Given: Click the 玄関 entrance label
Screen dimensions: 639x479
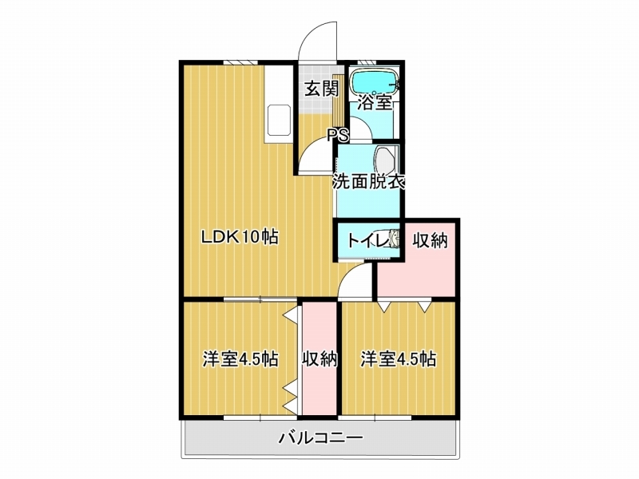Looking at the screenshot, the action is pyautogui.click(x=322, y=89).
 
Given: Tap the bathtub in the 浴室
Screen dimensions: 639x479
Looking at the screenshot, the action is pyautogui.click(x=375, y=83).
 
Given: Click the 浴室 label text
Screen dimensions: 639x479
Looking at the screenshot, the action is pyautogui.click(x=375, y=102).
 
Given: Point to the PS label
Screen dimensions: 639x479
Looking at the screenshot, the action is pyautogui.click(x=339, y=135).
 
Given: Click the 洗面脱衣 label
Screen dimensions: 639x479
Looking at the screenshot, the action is pyautogui.click(x=369, y=182).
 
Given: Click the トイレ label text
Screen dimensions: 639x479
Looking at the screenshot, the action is pyautogui.click(x=367, y=240).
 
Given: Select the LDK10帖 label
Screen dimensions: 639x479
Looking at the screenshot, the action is pyautogui.click(x=240, y=236).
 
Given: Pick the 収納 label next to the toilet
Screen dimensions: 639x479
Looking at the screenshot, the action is pyautogui.click(x=431, y=240).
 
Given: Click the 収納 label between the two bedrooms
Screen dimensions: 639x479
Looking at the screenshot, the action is pyautogui.click(x=319, y=359).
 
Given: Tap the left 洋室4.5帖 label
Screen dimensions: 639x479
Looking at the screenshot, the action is pyautogui.click(x=241, y=359).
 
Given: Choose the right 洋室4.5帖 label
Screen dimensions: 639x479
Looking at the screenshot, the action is pyautogui.click(x=398, y=359).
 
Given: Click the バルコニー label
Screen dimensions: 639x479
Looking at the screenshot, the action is pyautogui.click(x=321, y=438).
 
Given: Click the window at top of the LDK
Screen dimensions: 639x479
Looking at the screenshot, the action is pyautogui.click(x=240, y=62).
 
